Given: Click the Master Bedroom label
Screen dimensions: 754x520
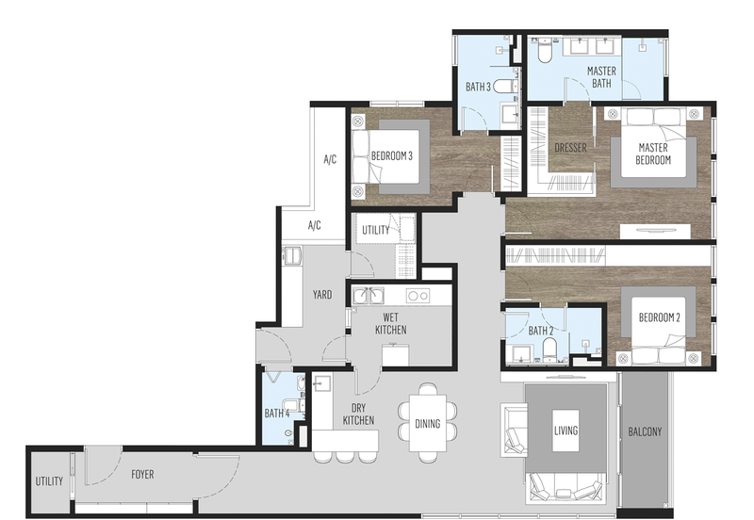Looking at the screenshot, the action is pos(653,154).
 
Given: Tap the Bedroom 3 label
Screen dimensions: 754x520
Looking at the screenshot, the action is pos(391,155).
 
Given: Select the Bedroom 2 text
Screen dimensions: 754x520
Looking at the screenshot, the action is pos(659,317).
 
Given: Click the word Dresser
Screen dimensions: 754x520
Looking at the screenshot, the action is pos(570,148).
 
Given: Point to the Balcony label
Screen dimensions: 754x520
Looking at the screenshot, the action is pos(645,431).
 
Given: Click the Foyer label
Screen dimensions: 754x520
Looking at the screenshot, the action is pos(143,475).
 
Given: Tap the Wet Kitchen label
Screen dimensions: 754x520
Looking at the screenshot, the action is pos(390,323).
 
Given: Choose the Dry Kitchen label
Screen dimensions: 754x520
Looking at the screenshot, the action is pos(358,414).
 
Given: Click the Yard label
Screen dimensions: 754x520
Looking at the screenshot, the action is pos(322,295).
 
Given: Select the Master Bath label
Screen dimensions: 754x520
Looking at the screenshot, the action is pos(601,77).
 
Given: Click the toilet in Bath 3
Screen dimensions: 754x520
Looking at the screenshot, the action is pos(504,87).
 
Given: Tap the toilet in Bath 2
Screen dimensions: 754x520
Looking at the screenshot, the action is pos(549,349).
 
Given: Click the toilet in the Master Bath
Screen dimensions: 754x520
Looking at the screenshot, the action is pos(545,51).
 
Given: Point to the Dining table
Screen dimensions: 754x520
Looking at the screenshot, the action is pos(428,423).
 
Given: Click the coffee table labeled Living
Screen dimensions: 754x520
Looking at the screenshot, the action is pos(565,431).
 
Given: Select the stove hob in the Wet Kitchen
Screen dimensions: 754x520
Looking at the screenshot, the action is pos(418,296).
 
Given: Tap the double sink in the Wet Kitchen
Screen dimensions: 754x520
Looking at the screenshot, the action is pos(369,296).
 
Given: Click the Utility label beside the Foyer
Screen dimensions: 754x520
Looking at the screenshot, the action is pos(49,481).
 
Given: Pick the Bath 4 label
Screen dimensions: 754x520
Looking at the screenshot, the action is pos(277,414).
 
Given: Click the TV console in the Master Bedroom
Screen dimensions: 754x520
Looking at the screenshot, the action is pos(655,231).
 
